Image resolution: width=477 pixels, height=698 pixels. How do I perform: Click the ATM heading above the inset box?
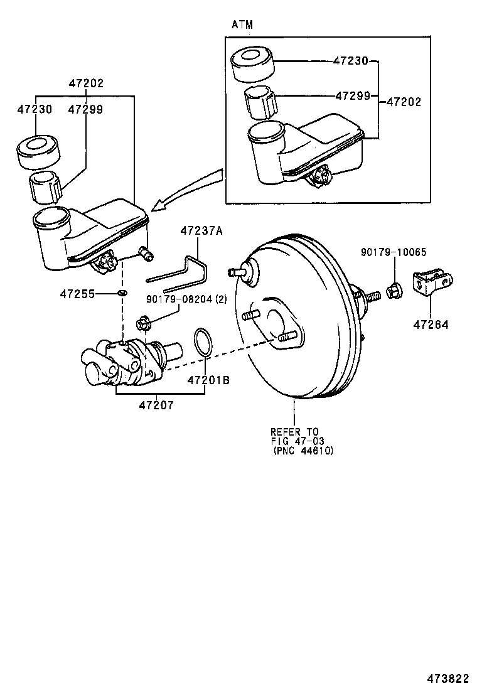[242, 24]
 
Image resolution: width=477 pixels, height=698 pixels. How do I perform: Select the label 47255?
[77, 294]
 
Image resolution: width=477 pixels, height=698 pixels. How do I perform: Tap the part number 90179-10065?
[394, 252]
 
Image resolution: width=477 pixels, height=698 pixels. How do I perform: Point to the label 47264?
[431, 325]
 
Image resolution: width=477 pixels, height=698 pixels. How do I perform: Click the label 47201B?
[208, 380]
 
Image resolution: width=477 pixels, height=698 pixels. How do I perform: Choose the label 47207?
[156, 405]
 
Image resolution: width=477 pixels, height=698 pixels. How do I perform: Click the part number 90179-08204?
[180, 299]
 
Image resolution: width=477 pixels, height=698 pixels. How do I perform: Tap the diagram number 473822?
[448, 679]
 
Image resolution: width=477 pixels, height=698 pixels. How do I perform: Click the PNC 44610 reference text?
[304, 451]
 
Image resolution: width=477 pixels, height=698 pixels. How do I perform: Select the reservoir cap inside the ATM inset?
[253, 65]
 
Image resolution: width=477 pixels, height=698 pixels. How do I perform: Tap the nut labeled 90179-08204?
[143, 323]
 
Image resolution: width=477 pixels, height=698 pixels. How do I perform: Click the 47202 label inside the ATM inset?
[404, 102]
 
